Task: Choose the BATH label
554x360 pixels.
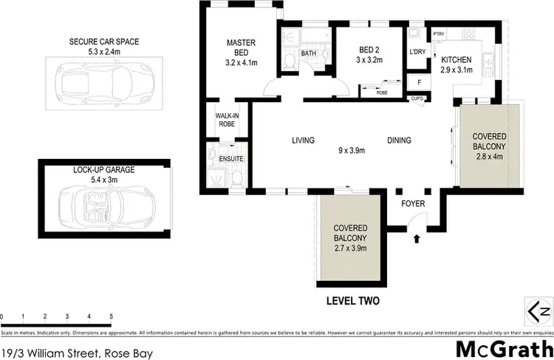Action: coord(309,53)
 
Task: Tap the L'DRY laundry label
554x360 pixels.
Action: coord(418,52)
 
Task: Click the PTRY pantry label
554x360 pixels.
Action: coord(438,34)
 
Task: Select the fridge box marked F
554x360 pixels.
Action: coord(420,82)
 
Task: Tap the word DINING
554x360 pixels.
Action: coord(399,140)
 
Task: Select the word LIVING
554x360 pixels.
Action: coord(303,140)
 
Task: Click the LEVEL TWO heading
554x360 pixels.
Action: coord(353,302)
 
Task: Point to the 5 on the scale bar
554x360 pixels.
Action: coord(111,316)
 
